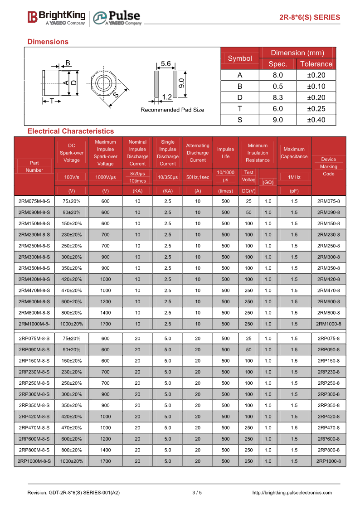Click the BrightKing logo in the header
tap(56, 17)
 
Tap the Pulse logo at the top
tap(117, 18)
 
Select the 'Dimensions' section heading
tap(48, 42)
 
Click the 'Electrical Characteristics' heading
tap(71, 131)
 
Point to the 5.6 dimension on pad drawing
tap(165, 64)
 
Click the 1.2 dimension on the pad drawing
tap(166, 97)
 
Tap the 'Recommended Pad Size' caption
tap(172, 110)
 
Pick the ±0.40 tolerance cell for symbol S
tap(316, 120)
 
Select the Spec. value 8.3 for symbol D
tap(277, 97)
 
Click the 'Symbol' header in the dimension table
tap(240, 58)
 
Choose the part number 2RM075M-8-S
tap(34, 201)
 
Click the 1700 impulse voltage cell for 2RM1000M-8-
tap(105, 324)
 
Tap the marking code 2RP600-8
tap(328, 439)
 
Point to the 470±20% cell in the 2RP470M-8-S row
tap(72, 428)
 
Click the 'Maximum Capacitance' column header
tap(294, 153)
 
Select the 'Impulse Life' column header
tap(225, 153)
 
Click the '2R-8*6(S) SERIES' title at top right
tap(309, 18)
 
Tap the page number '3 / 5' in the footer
tap(197, 493)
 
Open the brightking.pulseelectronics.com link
tap(292, 493)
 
